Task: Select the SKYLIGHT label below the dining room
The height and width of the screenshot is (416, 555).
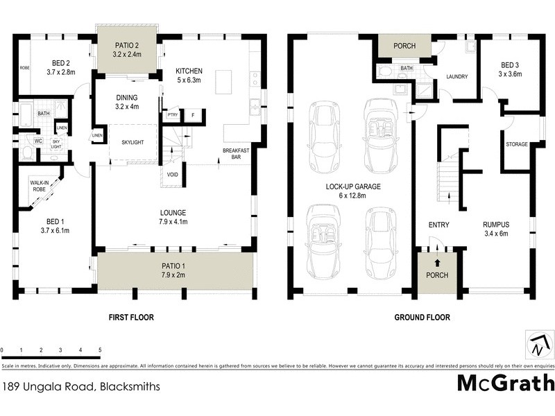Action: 132,142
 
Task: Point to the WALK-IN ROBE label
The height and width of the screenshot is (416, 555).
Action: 39,186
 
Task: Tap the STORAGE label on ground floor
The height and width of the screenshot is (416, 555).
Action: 516,144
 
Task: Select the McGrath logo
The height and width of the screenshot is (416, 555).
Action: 506,383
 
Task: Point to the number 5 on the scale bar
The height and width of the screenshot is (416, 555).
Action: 101,350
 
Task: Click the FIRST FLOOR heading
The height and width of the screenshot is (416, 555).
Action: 131,318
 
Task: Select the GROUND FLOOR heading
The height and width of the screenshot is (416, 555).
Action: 422,318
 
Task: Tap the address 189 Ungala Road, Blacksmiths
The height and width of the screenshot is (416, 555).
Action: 81,388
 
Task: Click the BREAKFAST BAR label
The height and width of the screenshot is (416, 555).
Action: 235,154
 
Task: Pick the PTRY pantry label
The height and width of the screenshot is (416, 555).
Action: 172,115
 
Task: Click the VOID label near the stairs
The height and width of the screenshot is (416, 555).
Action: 172,175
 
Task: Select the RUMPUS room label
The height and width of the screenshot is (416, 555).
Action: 496,225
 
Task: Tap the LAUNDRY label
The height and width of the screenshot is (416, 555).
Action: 456,77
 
